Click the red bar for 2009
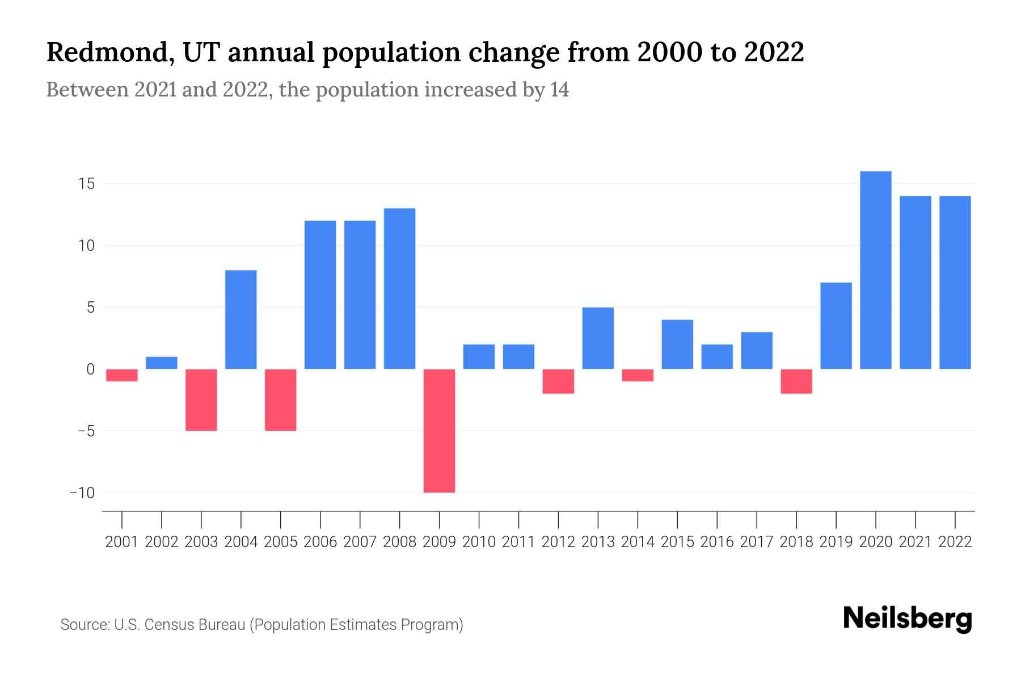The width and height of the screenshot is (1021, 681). pyautogui.click(x=439, y=431)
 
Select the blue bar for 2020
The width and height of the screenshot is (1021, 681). pyautogui.click(x=876, y=270)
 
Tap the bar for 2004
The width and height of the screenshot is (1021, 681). pyautogui.click(x=241, y=320)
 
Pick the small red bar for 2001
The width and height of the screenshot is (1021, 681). pyautogui.click(x=122, y=375)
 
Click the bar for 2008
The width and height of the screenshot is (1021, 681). pyautogui.click(x=400, y=289)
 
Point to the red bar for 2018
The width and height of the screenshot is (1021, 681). pyautogui.click(x=796, y=381)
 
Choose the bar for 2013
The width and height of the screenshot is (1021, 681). pyautogui.click(x=598, y=338)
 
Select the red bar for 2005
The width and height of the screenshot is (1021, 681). pyautogui.click(x=281, y=400)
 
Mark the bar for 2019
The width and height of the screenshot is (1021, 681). pyautogui.click(x=836, y=326)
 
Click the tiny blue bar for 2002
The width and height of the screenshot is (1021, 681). pyautogui.click(x=162, y=363)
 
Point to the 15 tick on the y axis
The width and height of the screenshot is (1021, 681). pyautogui.click(x=87, y=184)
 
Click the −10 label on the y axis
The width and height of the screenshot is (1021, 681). pyautogui.click(x=82, y=493)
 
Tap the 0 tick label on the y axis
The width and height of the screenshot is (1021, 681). pyautogui.click(x=90, y=369)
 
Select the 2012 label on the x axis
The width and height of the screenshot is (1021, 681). pyautogui.click(x=558, y=542)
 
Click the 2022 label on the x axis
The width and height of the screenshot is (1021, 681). pyautogui.click(x=955, y=542)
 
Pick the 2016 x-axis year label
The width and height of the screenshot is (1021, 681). pyautogui.click(x=717, y=542)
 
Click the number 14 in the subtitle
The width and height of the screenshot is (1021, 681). pyautogui.click(x=559, y=90)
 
